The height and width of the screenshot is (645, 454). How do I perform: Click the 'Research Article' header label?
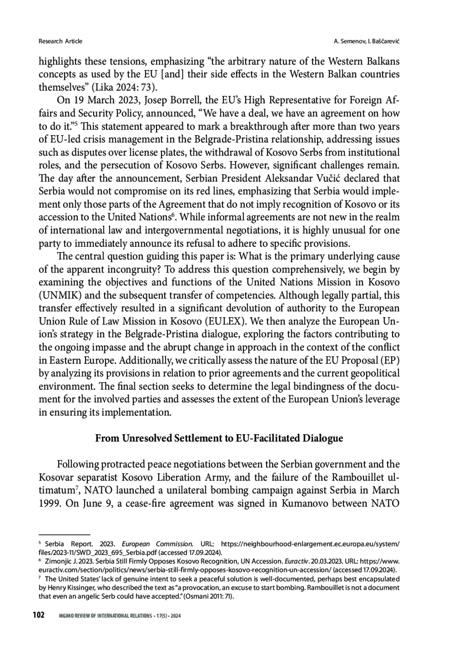60,41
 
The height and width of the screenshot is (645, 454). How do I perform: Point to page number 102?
39,615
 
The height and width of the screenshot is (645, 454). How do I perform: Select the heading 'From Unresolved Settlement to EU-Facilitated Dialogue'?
219,438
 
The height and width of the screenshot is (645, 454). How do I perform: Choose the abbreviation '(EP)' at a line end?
390,360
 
